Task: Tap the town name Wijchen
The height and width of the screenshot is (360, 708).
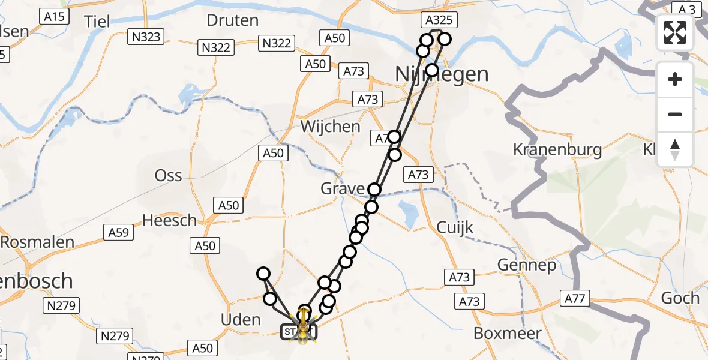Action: click(331, 127)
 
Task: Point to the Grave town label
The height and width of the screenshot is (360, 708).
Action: click(342, 189)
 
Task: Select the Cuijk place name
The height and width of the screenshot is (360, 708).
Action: click(455, 227)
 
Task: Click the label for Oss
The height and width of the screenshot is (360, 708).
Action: click(168, 175)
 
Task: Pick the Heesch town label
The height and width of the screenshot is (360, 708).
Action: click(169, 220)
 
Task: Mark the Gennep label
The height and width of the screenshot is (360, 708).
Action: click(527, 265)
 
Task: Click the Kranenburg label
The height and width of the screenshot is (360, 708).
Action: click(557, 149)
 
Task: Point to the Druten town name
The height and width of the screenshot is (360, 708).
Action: click(232, 20)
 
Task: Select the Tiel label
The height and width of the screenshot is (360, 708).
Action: click(97, 22)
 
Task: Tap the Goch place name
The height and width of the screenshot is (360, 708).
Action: click(680, 298)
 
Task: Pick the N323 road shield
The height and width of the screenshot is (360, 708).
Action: click(146, 37)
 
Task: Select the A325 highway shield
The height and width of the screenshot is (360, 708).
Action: click(440, 20)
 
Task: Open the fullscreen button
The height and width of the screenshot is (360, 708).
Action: click(675, 32)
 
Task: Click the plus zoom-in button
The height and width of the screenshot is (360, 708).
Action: click(675, 79)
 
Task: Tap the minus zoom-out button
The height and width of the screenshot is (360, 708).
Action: click(675, 114)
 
